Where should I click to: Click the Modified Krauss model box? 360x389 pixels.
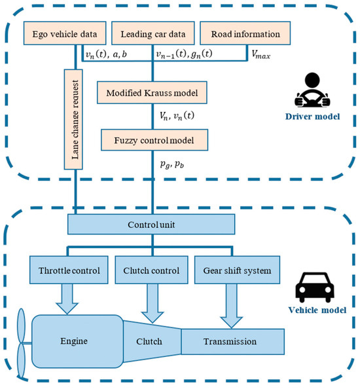[152, 90]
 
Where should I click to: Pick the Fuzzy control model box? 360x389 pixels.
[152, 139]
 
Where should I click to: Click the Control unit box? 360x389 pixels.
[152, 226]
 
